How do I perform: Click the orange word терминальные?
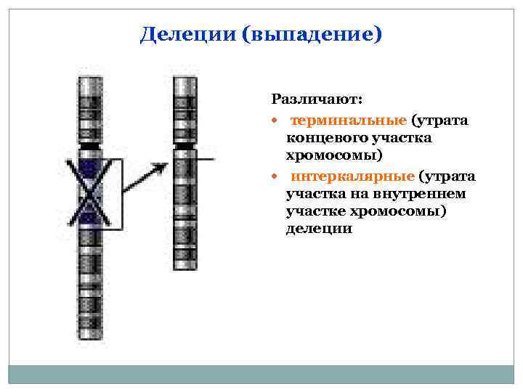coord(349,120)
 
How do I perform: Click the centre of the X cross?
coord(89,192)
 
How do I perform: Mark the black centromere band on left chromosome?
coord(89,147)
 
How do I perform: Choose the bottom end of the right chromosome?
coord(185,268)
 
